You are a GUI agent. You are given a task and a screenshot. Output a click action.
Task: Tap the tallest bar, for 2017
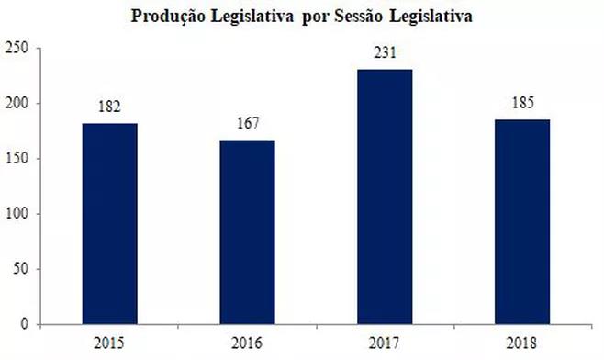(386, 197)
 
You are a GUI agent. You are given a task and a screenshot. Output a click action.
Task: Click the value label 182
(110, 107)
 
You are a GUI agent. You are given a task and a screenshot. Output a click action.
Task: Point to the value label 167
(248, 123)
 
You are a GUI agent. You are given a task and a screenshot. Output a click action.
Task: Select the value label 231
(386, 52)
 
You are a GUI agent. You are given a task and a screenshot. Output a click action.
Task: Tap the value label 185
(523, 103)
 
